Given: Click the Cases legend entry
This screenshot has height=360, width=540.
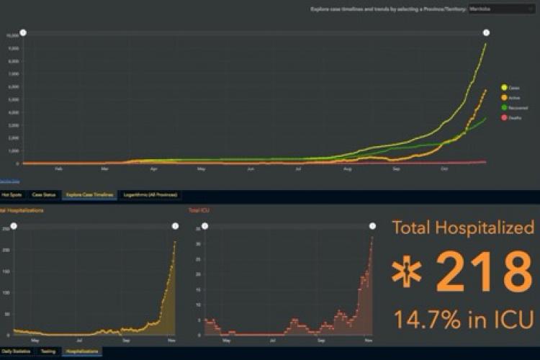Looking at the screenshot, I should (x=511, y=87).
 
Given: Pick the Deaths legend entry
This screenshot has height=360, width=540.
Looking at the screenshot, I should (x=511, y=117).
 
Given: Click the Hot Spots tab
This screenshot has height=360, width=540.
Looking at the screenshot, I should (x=11, y=194).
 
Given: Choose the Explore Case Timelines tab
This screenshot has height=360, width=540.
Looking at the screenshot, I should (x=89, y=194).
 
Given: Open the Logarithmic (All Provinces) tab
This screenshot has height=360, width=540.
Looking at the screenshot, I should (x=150, y=194).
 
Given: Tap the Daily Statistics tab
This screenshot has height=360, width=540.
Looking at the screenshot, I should (x=16, y=351).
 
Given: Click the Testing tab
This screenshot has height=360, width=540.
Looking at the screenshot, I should (x=48, y=351).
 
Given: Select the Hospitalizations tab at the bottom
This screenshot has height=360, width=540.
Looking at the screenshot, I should (x=80, y=351).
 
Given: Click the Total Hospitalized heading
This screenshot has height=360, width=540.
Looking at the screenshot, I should (x=463, y=228).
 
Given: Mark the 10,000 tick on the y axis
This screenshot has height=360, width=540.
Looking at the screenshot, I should (x=12, y=35).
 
